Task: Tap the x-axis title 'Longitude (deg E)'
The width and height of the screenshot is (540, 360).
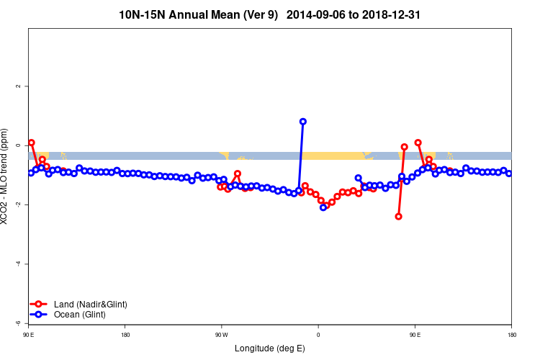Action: pyautogui.click(x=270, y=348)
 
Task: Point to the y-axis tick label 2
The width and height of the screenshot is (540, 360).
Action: pyautogui.click(x=18, y=86)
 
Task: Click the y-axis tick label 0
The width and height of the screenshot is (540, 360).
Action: pyautogui.click(x=18, y=145)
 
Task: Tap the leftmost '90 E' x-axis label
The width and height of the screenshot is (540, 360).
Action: pyautogui.click(x=29, y=334)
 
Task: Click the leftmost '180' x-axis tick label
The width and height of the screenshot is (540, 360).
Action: pyautogui.click(x=125, y=334)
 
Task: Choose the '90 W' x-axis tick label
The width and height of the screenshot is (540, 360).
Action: pyautogui.click(x=221, y=334)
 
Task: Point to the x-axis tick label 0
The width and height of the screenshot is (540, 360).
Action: pyautogui.click(x=318, y=334)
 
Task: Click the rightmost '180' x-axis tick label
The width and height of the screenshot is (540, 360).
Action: pyautogui.click(x=510, y=334)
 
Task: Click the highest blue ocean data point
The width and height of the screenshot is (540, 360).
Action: pyautogui.click(x=303, y=122)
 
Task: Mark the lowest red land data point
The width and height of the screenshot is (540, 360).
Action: pyautogui.click(x=398, y=216)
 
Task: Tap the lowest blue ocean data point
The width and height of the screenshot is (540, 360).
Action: pyautogui.click(x=323, y=207)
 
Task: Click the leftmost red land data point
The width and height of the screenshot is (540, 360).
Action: pyautogui.click(x=32, y=143)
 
